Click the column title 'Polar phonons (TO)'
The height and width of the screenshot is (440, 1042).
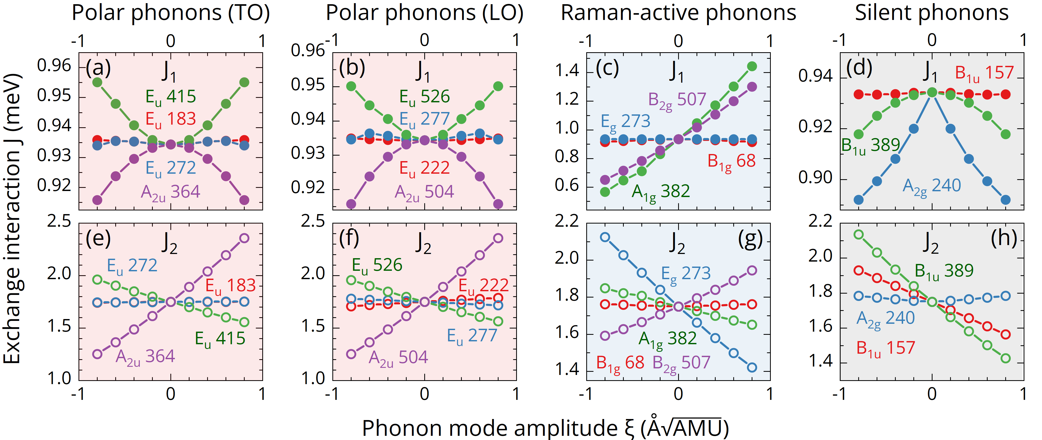point(170,13)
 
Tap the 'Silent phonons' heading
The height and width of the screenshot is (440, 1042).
point(931,13)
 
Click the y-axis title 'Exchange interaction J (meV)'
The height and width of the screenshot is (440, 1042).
point(12,218)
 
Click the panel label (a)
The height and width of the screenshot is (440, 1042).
point(98,68)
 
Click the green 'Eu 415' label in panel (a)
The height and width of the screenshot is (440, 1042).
point(171,97)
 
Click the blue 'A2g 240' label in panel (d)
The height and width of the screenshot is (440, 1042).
point(931,186)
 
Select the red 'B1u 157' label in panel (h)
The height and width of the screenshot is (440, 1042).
point(886,349)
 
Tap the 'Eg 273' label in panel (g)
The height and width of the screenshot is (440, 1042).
point(686,274)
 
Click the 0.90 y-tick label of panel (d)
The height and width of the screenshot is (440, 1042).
point(815,178)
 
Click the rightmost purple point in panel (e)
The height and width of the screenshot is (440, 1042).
point(244,238)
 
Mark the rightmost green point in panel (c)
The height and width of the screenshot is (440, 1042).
point(752,66)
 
